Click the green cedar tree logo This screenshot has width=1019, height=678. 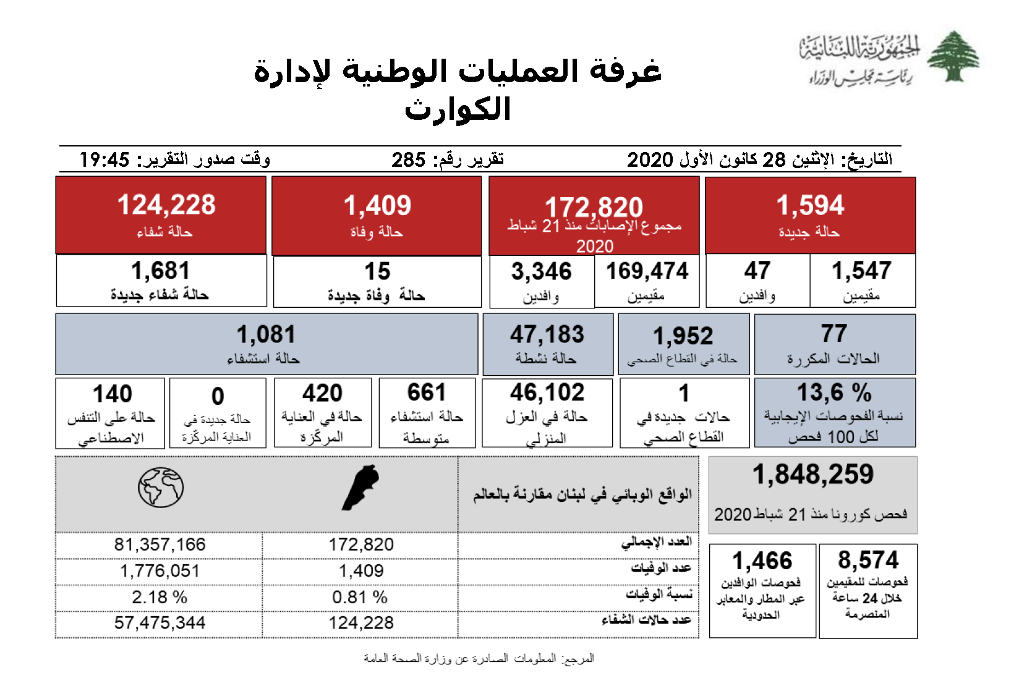[x=953, y=56]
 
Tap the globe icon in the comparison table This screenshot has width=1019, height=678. [x=161, y=487]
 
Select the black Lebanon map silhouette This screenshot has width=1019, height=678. [x=360, y=487]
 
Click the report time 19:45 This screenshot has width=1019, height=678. [x=104, y=160]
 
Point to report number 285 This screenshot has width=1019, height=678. [x=408, y=160]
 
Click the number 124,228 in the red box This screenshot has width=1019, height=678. [x=166, y=205]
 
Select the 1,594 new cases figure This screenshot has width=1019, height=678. [x=810, y=205]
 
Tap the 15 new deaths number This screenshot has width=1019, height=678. [x=377, y=271]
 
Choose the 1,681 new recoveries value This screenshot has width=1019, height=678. [x=160, y=271]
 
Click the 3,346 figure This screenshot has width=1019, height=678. [x=541, y=271]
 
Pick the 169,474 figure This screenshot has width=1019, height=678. [x=647, y=271]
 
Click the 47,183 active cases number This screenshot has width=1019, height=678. [x=547, y=334]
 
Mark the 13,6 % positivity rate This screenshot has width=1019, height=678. [x=834, y=392]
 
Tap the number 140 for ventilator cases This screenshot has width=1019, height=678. [x=112, y=394]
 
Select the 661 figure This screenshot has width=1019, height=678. [x=427, y=392]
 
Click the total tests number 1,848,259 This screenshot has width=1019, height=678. [x=813, y=475]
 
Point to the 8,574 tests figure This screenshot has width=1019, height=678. [x=868, y=560]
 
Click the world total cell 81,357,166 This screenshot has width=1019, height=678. [x=160, y=545]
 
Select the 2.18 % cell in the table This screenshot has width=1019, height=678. [x=160, y=597]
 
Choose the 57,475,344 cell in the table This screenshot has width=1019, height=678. [x=160, y=623]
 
